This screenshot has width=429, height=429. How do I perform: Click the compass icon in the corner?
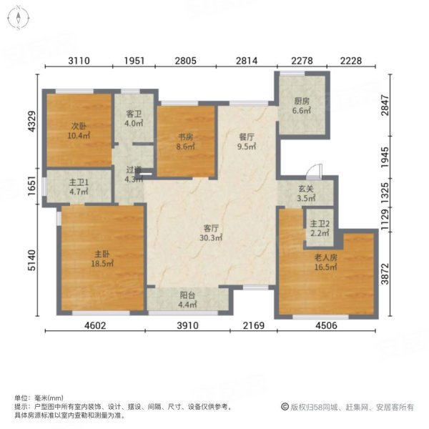[16, 18]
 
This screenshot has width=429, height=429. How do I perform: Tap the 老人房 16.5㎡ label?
[326, 260]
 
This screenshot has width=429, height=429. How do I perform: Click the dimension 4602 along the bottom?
[94, 327]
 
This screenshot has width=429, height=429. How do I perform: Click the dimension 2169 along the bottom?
[253, 327]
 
